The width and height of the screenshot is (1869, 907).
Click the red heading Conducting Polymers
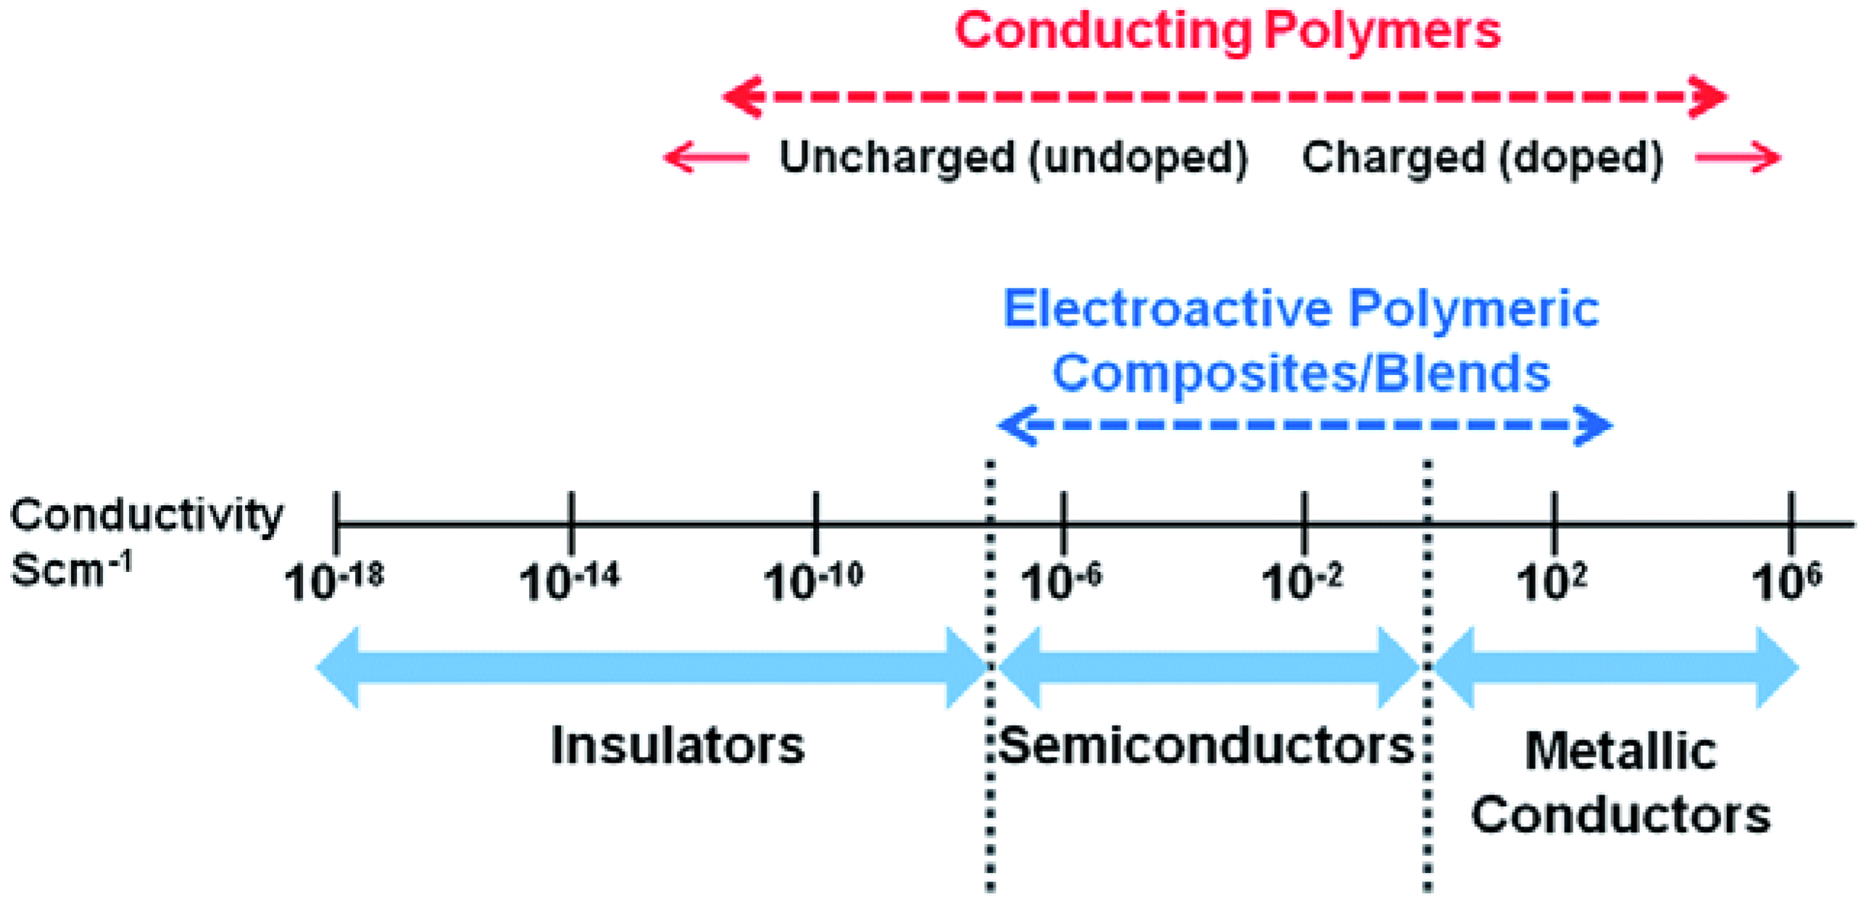click(1227, 31)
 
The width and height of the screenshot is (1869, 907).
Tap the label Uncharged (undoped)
click(1013, 157)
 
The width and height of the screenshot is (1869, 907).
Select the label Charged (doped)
click(1482, 157)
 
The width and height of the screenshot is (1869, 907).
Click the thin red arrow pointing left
click(706, 157)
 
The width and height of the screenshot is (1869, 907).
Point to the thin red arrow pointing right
click(1738, 157)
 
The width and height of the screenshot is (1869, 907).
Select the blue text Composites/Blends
click(1301, 373)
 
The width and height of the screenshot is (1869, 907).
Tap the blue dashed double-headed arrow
click(1304, 425)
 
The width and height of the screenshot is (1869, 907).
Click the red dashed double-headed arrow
click(1225, 96)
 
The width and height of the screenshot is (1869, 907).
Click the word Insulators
click(678, 745)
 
